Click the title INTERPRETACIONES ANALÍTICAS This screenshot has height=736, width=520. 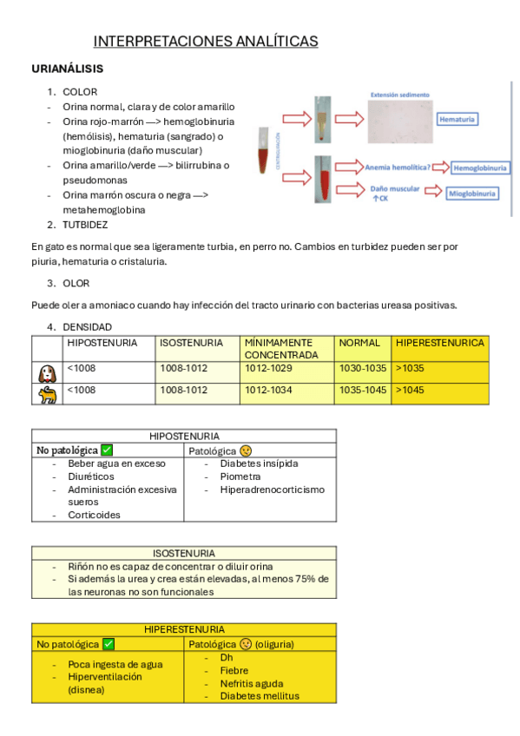click(206, 42)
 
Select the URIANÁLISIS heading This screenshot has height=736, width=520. click(67, 69)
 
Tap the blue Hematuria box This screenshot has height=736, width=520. click(457, 119)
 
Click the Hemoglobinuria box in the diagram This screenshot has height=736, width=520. click(480, 168)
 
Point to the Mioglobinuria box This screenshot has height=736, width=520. click(472, 194)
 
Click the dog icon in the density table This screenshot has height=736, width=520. click(47, 373)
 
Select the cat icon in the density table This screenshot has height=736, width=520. click(47, 394)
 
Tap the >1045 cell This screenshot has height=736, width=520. click(410, 390)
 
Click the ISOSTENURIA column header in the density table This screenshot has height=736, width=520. click(192, 343)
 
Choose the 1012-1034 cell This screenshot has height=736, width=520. click(268, 390)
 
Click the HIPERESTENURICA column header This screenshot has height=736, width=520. click(440, 343)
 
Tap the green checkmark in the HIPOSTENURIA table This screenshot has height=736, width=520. click(107, 450)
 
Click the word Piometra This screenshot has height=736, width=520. click(240, 476)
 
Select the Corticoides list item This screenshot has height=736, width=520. click(94, 515)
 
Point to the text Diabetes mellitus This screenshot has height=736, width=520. click(260, 696)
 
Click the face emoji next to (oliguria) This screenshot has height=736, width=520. click(246, 644)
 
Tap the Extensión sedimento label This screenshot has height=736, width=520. click(400, 95)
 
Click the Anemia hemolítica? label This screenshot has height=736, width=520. click(398, 168)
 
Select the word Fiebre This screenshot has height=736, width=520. click(234, 671)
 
